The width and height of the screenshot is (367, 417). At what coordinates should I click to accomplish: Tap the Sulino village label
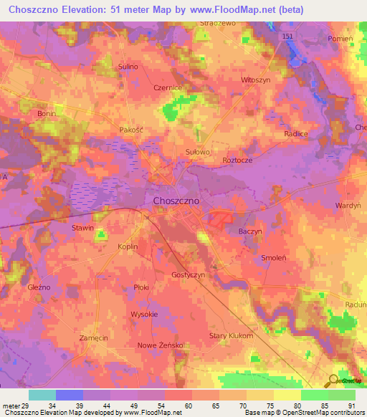click(x=128, y=67)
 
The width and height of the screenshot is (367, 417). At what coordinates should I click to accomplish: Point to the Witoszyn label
click(x=256, y=80)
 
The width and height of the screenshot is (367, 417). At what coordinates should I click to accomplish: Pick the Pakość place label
click(x=132, y=130)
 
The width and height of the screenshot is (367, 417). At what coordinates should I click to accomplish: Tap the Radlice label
click(x=295, y=134)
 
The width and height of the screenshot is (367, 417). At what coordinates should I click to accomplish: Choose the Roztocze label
click(x=237, y=160)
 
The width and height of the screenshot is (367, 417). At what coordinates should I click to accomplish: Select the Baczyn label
click(x=250, y=232)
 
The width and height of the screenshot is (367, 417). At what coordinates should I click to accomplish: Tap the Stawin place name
click(x=82, y=228)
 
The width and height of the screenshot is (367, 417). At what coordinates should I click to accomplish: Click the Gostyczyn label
click(x=189, y=275)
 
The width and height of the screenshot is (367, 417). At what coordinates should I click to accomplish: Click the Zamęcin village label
click(x=94, y=337)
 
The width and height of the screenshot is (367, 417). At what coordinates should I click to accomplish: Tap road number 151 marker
click(x=287, y=36)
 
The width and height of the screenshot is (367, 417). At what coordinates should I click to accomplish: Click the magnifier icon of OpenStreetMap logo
click(x=333, y=380)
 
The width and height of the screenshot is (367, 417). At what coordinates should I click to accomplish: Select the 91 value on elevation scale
click(x=352, y=406)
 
